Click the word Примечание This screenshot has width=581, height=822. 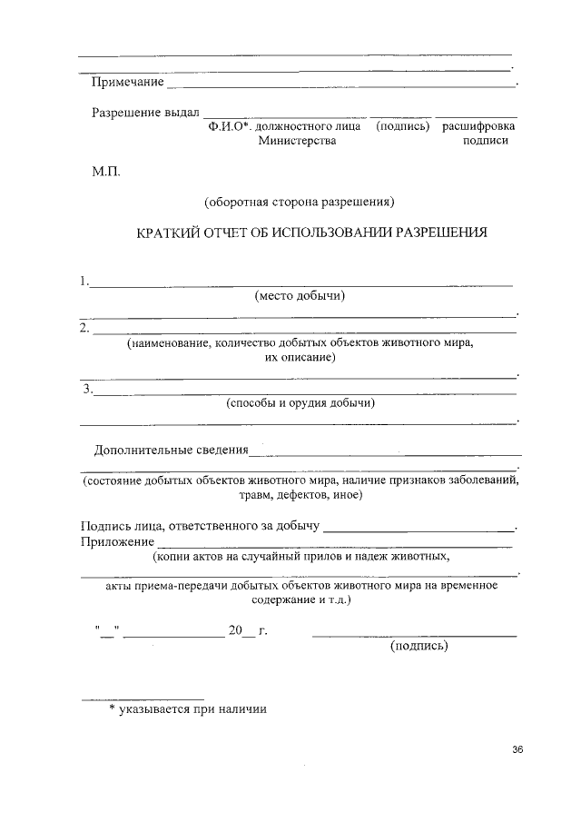pos(127,84)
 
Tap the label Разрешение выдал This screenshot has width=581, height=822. pos(145,113)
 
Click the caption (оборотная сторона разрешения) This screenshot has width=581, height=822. pos(300,200)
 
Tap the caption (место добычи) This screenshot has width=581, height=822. pos(301,295)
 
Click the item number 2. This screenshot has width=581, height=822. pos(84,327)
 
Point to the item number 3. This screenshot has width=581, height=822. pos(87,390)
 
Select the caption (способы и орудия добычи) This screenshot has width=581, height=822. pos(300,403)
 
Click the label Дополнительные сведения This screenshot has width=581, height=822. pos(171,450)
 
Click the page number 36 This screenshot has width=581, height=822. pos(518,749)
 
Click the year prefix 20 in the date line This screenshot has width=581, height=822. pos(237,631)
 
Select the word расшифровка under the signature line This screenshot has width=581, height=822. pos(478,126)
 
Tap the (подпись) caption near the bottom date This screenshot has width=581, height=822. pos(419,647)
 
